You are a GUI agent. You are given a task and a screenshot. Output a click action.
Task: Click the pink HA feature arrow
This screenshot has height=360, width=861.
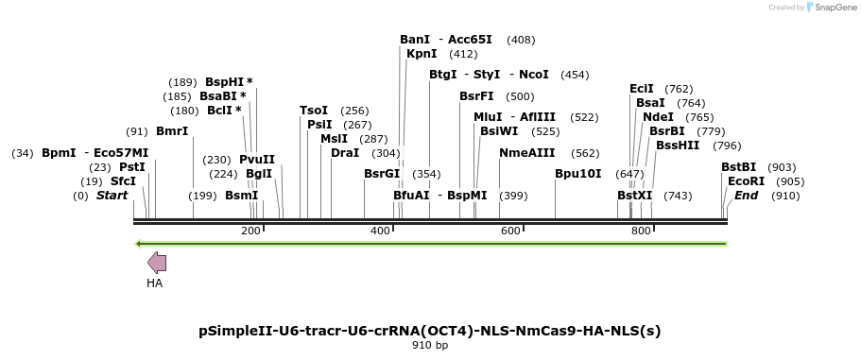click(157, 264)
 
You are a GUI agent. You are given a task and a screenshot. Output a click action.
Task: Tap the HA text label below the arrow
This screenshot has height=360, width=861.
click(154, 283)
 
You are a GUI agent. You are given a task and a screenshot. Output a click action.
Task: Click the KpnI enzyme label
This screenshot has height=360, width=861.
click(422, 54)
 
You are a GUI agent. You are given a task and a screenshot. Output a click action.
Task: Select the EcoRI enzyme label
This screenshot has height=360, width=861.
click(746, 180)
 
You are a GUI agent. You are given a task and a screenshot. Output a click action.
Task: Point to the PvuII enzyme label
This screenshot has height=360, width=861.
click(257, 160)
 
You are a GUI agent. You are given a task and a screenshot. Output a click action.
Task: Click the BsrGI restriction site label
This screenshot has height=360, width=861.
click(382, 174)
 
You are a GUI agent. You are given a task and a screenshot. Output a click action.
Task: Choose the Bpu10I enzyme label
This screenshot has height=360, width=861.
click(577, 174)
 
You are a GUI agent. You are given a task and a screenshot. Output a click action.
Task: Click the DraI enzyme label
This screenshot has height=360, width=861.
click(345, 153)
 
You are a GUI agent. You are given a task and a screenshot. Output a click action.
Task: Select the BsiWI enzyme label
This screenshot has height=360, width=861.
click(499, 131)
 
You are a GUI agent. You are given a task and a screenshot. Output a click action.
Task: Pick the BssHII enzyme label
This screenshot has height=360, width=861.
click(678, 146)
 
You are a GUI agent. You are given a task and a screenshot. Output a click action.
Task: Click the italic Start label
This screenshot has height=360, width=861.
click(112, 196)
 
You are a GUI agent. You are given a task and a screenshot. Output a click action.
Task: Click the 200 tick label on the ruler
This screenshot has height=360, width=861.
click(250, 231)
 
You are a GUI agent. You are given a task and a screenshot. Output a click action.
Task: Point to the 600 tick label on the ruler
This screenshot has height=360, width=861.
click(510, 231)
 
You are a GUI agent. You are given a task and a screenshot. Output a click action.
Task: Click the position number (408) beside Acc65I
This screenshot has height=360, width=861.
click(521, 40)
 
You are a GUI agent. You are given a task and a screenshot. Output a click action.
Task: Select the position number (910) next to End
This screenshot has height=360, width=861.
click(784, 196)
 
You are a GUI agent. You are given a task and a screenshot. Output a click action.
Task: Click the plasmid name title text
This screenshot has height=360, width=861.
click(430, 331)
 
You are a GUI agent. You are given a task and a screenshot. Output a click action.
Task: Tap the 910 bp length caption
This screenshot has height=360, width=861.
click(430, 346)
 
